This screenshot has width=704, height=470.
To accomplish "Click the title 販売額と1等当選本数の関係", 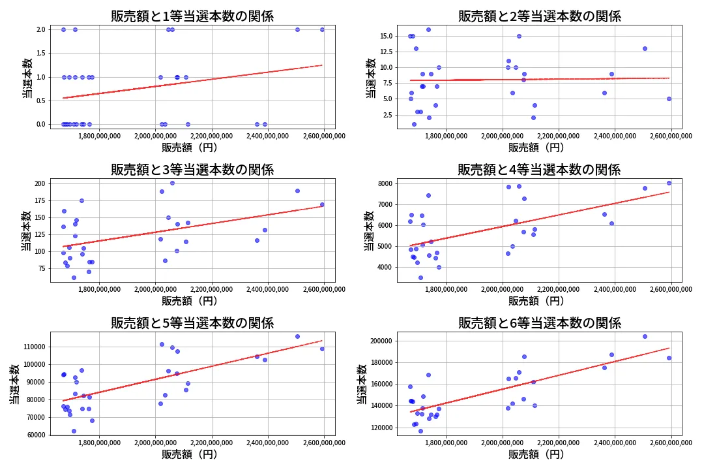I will [x=192, y=16].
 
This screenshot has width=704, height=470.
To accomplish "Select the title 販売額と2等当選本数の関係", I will [x=539, y=16].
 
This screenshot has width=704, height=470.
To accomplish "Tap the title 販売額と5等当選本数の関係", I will [x=192, y=323].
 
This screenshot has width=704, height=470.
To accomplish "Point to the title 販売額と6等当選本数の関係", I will [x=539, y=323].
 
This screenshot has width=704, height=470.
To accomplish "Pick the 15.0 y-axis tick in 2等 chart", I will [x=385, y=36].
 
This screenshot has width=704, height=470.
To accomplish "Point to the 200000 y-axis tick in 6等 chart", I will [x=379, y=341].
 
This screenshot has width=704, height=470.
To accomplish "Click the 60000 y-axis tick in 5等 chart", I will [x=34, y=435].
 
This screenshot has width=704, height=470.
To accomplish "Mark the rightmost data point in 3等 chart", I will [x=322, y=204].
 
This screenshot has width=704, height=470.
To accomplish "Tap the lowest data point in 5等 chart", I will [x=74, y=431].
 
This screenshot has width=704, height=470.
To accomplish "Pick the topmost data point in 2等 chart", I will [x=428, y=29].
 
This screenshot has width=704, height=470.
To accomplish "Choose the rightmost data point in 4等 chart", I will [x=669, y=183].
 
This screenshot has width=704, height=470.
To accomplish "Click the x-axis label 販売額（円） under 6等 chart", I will [x=536, y=454].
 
